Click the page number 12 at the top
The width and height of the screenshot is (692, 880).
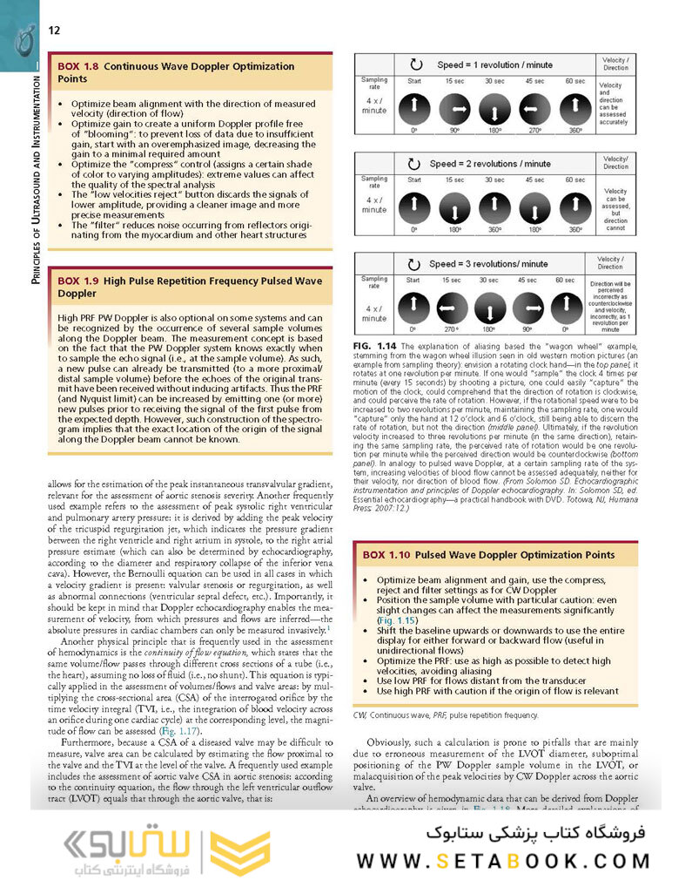click(x=54, y=30)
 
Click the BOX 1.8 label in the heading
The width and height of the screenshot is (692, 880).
click(x=78, y=66)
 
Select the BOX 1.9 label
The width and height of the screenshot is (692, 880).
click(x=78, y=281)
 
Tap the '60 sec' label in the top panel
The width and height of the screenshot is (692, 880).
click(x=575, y=81)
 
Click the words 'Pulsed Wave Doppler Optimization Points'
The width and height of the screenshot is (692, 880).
click(x=514, y=554)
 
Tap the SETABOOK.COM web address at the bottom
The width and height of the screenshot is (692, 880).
click(x=502, y=861)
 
